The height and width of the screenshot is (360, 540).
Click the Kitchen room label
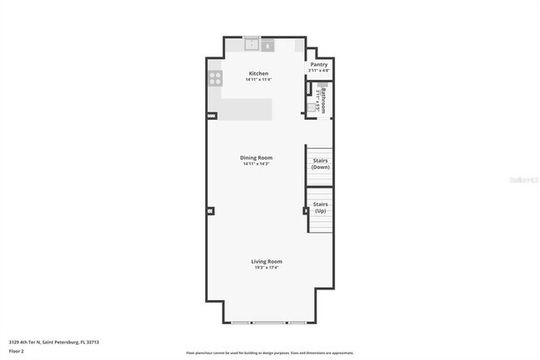258,73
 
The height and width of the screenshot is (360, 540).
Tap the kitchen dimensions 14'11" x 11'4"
258,80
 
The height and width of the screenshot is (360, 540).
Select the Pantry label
319,64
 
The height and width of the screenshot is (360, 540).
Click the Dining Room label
256,157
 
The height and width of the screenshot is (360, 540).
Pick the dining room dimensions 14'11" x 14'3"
256,164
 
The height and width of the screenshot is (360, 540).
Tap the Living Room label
267,261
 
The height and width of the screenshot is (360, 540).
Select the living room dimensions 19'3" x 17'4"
267,268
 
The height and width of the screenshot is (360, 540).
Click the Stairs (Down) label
320,164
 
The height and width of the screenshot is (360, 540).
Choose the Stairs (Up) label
320,207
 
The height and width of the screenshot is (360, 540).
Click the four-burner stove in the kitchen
215,79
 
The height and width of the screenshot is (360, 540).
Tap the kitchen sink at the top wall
251,45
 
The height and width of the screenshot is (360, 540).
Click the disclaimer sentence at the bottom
269,353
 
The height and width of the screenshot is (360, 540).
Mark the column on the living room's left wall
211,210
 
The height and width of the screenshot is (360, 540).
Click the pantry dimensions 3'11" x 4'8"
319,71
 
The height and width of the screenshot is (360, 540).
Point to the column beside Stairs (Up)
305,210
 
